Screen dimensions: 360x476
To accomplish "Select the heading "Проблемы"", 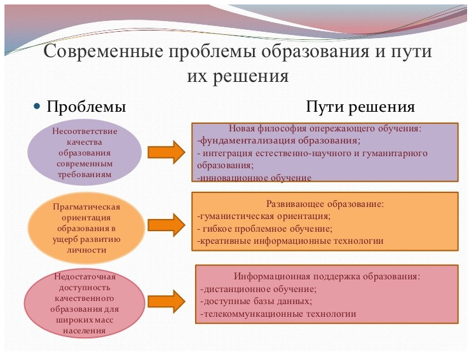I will (x=86, y=106).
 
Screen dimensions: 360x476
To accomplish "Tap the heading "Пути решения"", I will (x=360, y=106).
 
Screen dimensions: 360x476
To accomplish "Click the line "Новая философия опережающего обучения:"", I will (x=325, y=129).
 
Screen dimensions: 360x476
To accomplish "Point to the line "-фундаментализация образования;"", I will (x=279, y=141).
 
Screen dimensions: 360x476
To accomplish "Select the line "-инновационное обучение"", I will (x=254, y=178).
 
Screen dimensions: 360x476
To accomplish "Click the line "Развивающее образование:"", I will (x=324, y=204).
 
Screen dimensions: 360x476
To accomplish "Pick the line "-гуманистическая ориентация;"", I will (x=264, y=217).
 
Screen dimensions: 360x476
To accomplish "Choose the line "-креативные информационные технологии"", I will (x=291, y=241).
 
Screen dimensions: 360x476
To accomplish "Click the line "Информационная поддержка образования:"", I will (x=327, y=277).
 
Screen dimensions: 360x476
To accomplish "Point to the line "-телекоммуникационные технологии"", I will (x=278, y=314).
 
